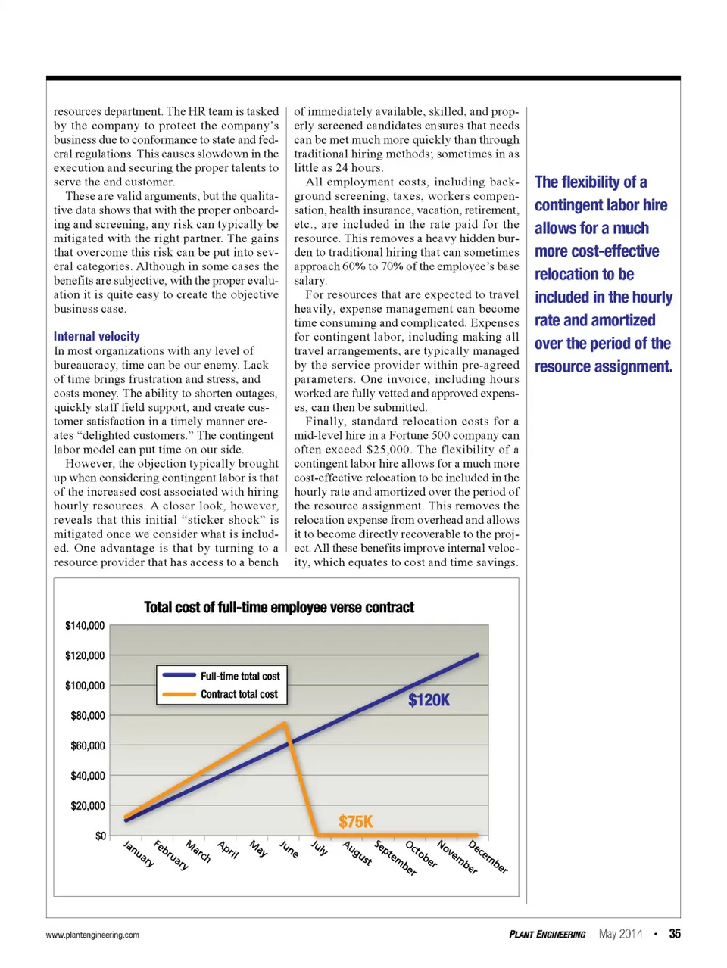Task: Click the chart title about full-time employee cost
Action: click(279, 607)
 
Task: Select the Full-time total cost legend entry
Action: click(239, 676)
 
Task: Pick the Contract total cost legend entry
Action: click(239, 694)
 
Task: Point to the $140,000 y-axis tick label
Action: click(85, 625)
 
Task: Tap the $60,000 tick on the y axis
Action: click(88, 745)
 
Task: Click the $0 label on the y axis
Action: click(101, 836)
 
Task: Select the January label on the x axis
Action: click(139, 854)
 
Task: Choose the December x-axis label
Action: click(488, 857)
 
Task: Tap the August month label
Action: click(357, 853)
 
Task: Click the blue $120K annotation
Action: click(429, 700)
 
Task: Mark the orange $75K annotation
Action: click(355, 822)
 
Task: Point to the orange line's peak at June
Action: click(285, 724)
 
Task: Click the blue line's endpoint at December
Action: click(477, 655)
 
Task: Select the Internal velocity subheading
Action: click(96, 336)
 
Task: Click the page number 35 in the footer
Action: click(674, 934)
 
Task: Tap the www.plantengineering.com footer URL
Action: click(92, 935)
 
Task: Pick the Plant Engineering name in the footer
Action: click(547, 935)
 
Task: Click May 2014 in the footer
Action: click(620, 934)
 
